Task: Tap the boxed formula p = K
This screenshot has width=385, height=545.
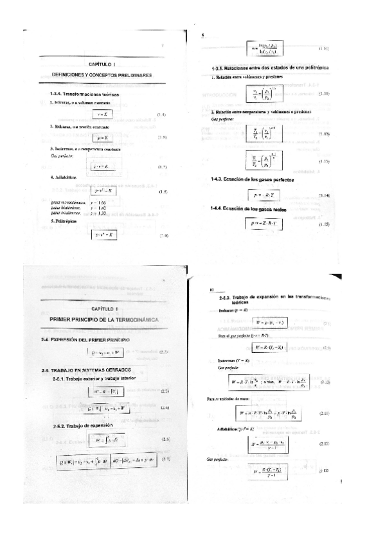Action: click(102, 138)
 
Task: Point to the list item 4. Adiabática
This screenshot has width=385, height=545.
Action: click(63, 176)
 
